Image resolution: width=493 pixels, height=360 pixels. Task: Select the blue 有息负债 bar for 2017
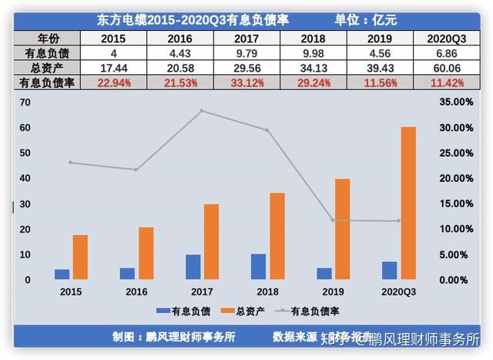(193, 267)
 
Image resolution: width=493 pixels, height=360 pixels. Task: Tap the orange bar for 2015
(79, 257)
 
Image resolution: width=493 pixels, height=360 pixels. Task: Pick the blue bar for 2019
(324, 274)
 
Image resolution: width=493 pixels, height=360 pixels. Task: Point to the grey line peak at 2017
(201, 110)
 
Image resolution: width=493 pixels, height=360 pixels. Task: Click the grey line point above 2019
(333, 220)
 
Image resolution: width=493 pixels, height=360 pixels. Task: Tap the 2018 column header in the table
(312, 39)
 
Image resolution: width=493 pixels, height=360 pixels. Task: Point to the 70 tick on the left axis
(25, 102)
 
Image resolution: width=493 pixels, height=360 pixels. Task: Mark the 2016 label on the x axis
(136, 292)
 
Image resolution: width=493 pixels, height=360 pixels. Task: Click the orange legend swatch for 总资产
(228, 311)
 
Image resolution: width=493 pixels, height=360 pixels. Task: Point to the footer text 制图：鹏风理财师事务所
(173, 337)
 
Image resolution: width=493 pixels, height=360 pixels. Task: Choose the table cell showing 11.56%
(378, 82)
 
